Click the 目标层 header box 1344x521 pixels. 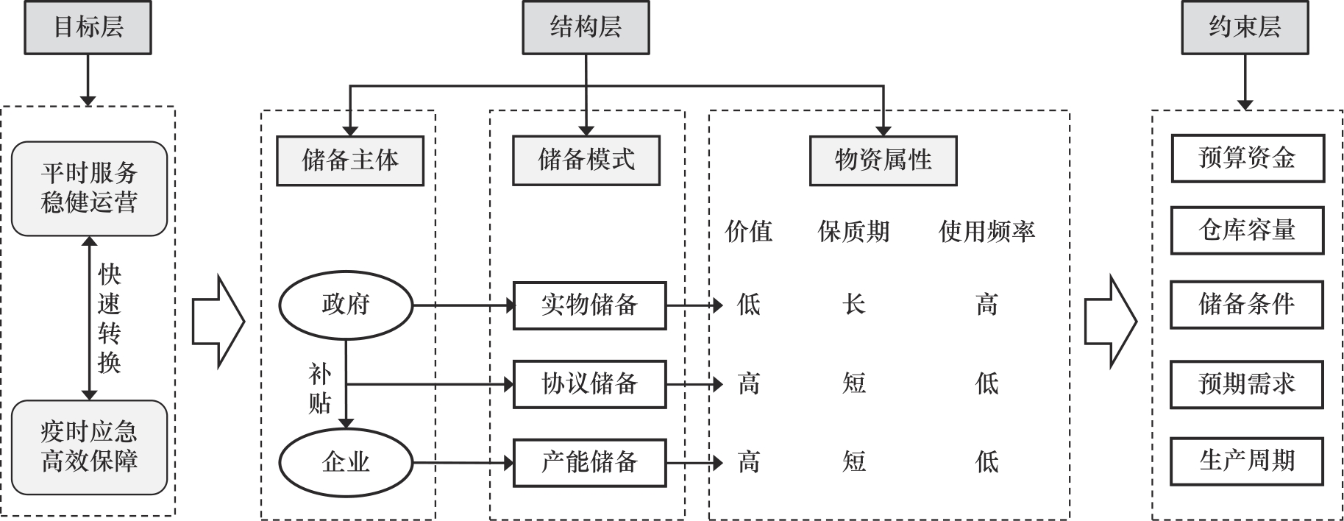(x=88, y=28)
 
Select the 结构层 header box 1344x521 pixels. (x=586, y=28)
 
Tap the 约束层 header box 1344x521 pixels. (x=1245, y=28)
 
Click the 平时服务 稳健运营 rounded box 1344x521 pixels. (x=89, y=188)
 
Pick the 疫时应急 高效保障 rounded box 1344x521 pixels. (x=89, y=447)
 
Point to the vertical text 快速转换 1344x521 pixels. (x=109, y=319)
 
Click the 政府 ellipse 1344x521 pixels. (x=345, y=305)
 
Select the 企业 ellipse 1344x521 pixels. (x=345, y=462)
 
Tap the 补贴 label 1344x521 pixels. (x=319, y=389)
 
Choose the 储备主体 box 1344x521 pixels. (x=350, y=160)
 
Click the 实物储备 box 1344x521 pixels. (x=589, y=305)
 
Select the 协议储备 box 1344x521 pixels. (x=589, y=383)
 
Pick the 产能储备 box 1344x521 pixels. (x=589, y=462)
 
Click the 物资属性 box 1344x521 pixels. (x=883, y=160)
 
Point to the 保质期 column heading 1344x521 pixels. (x=853, y=232)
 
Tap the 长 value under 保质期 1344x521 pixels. (x=853, y=304)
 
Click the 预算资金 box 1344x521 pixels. (x=1247, y=158)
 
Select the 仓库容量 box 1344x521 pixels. (x=1247, y=230)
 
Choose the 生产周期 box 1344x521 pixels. (x=1247, y=461)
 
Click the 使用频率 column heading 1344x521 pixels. (x=986, y=232)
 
